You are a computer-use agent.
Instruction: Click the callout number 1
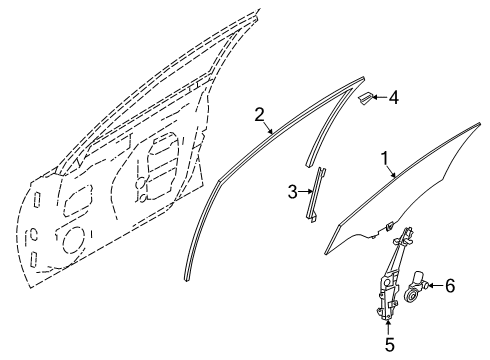384,158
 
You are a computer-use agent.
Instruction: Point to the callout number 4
394,98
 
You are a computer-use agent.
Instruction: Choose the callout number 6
449,287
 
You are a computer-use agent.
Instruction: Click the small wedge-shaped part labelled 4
367,97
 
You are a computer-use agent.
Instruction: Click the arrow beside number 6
435,287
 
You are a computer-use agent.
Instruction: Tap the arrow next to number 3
305,190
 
